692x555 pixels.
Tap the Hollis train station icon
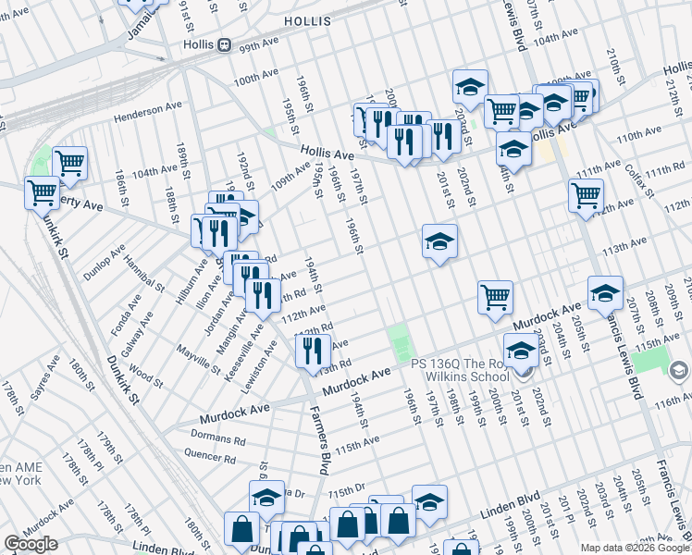(225, 44)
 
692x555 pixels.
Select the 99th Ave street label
(258, 47)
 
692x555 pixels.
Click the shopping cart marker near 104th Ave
(70, 164)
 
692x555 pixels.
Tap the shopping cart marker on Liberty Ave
(42, 193)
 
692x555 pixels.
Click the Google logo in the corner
(31, 544)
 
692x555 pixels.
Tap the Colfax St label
(638, 179)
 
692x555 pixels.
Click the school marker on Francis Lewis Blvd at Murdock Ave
(606, 291)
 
